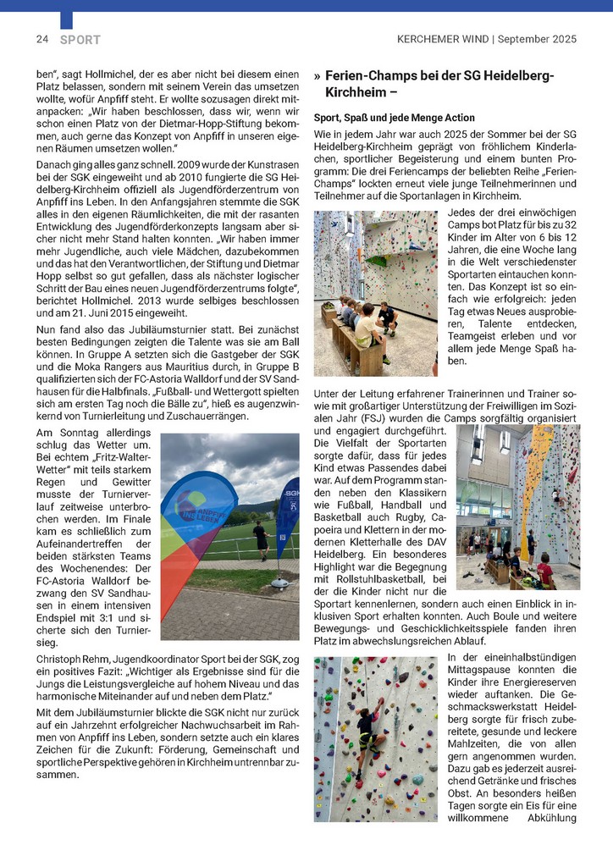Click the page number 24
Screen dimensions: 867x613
tap(41, 39)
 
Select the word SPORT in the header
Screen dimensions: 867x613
tap(80, 40)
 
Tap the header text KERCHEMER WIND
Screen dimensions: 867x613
tap(443, 39)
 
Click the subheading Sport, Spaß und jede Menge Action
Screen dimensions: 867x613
tap(394, 117)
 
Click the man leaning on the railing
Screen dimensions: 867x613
tap(261, 539)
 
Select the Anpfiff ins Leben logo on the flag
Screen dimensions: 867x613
tap(192, 508)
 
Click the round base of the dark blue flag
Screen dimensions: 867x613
tap(280, 583)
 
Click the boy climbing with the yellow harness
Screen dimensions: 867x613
tap(367, 729)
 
